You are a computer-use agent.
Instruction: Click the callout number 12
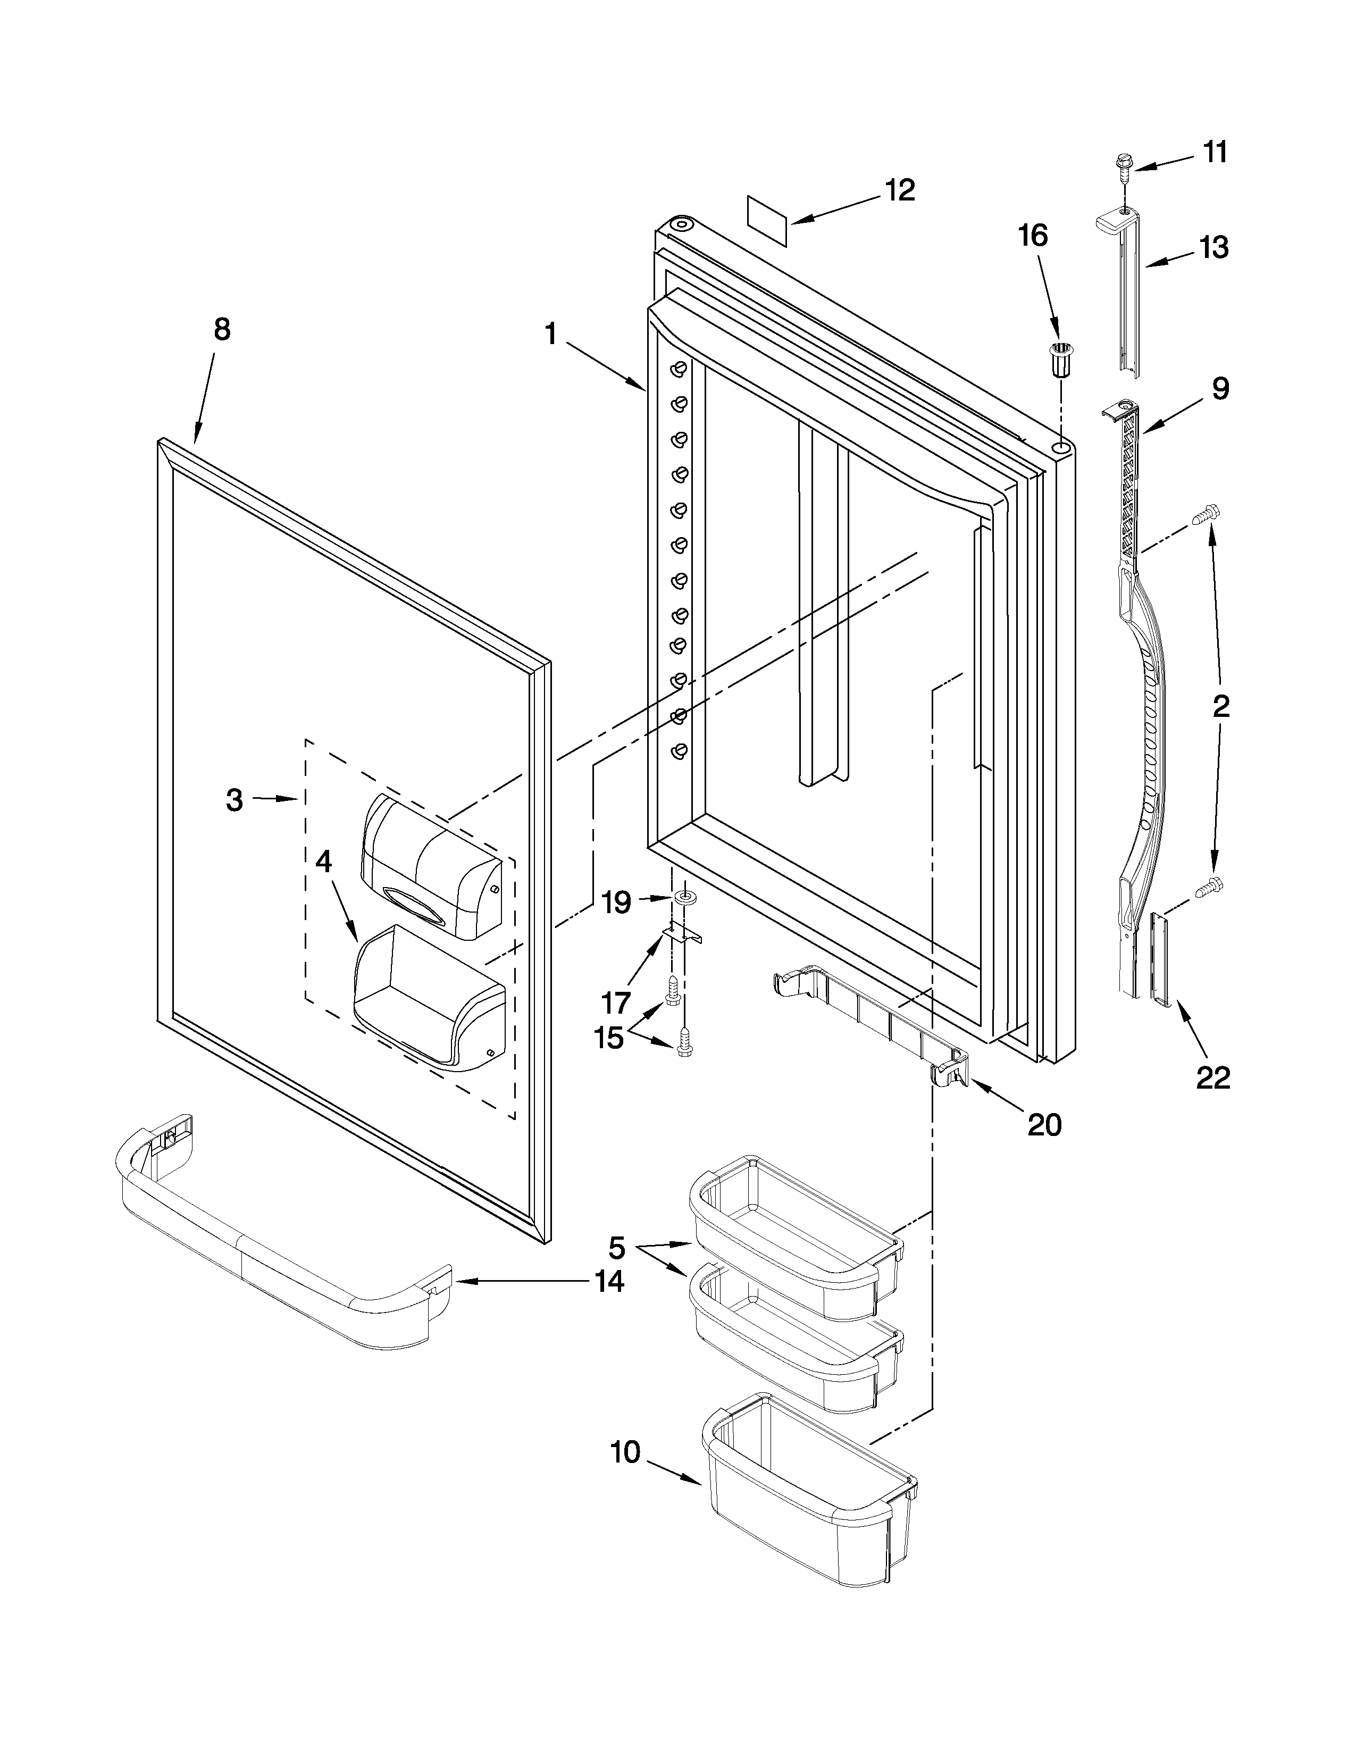(900, 190)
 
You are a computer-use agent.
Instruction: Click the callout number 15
(608, 1038)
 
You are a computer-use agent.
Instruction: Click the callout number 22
(1213, 1077)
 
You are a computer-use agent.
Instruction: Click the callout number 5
(616, 1248)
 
